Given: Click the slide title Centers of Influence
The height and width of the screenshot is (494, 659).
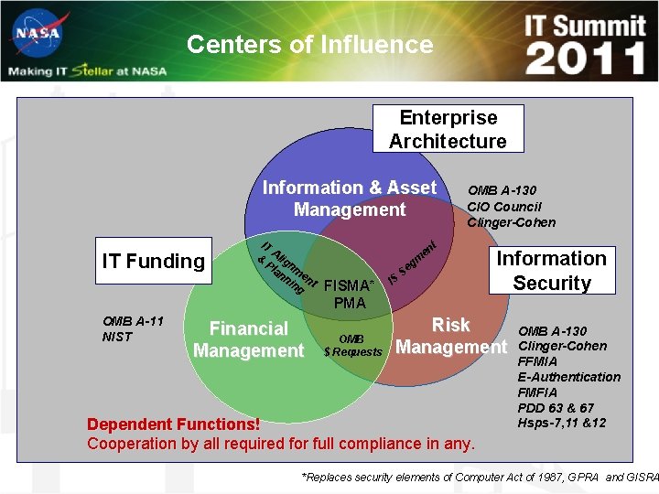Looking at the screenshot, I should (309, 44).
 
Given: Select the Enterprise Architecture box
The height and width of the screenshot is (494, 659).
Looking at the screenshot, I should (448, 129).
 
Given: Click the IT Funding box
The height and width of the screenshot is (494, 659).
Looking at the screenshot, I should (154, 261).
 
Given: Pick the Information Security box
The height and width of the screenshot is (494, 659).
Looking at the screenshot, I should (551, 271).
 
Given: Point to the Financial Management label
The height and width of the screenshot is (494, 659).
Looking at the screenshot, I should (248, 339).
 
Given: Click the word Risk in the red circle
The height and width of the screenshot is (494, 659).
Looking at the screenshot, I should (450, 325).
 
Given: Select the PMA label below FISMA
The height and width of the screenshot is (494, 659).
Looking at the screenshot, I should (350, 303).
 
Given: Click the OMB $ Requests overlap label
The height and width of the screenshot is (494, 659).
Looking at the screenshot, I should (351, 346).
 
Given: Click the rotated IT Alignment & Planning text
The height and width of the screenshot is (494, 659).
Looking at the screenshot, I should (286, 266).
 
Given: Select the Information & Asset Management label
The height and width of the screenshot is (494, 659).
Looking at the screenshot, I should (350, 199).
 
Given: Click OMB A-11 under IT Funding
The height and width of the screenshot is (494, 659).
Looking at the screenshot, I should (133, 321).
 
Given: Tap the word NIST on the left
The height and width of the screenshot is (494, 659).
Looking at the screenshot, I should (117, 337).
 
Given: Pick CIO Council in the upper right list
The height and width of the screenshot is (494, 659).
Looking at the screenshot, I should (504, 207).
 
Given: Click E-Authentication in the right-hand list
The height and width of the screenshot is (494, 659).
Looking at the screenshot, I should (568, 377).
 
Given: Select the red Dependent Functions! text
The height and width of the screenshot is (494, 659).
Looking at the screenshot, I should (173, 424).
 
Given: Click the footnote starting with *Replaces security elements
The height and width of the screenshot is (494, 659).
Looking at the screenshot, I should (480, 478).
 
